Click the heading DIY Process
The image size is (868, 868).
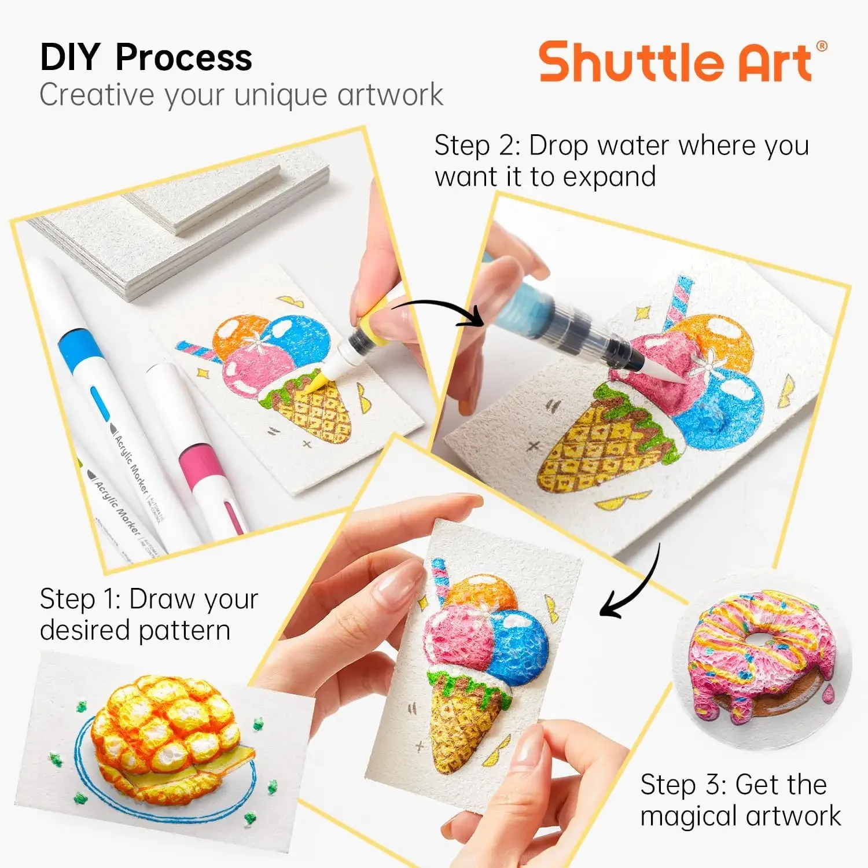pyautogui.click(x=146, y=57)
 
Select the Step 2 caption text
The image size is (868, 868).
pyautogui.click(x=621, y=161)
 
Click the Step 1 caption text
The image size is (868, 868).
pyautogui.click(x=149, y=614)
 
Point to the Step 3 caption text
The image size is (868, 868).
pyautogui.click(x=740, y=800)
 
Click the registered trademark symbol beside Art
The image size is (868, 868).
pyautogui.click(x=821, y=46)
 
